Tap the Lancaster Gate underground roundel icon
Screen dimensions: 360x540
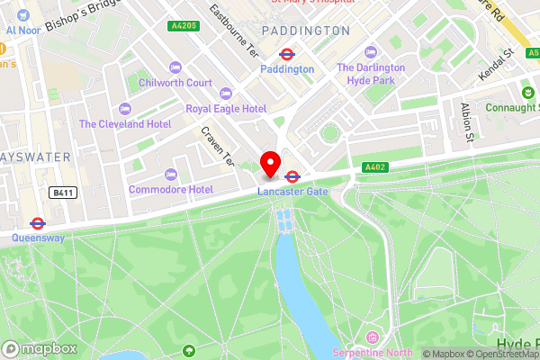292,176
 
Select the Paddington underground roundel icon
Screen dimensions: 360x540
287,54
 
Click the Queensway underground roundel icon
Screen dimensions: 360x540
38,223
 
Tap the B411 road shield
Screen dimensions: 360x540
61,193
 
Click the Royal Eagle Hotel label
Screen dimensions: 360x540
226,108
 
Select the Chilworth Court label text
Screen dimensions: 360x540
175,83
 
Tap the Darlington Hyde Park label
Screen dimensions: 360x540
373,74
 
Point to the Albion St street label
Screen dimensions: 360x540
467,122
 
